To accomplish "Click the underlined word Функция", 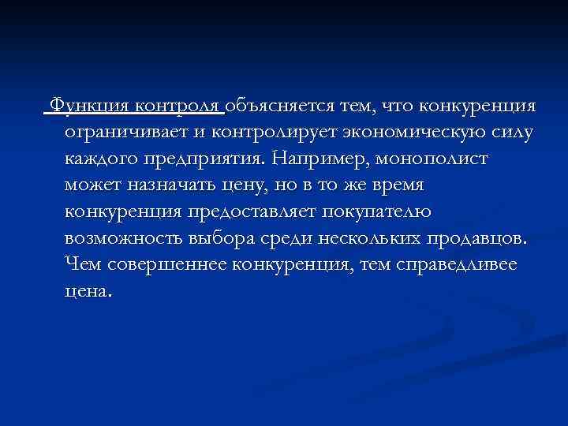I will coord(88,106).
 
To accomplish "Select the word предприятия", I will coord(203,159).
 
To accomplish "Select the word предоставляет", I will coord(245,211).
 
